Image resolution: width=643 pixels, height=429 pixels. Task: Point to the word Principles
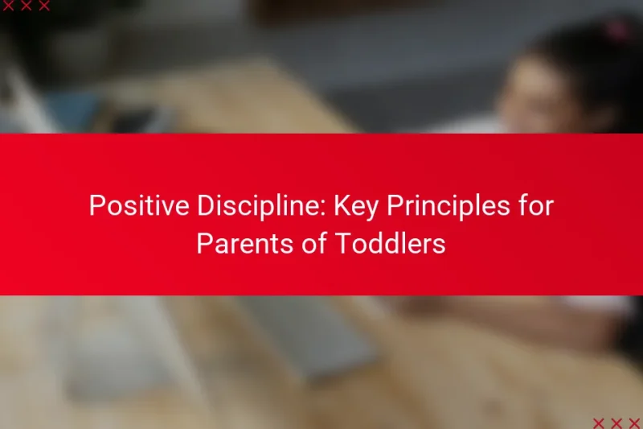(x=432, y=206)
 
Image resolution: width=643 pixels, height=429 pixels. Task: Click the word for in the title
(x=534, y=206)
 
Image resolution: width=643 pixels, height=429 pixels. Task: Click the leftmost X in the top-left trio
(x=9, y=6)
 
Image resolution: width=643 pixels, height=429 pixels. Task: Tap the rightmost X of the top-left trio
(x=44, y=6)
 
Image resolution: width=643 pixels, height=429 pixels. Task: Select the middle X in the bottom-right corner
(x=616, y=423)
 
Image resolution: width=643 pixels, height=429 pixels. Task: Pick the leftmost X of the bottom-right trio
(x=598, y=423)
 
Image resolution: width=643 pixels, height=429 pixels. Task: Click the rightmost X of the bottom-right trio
(x=633, y=423)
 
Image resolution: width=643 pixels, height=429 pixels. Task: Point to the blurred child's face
(x=534, y=97)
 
